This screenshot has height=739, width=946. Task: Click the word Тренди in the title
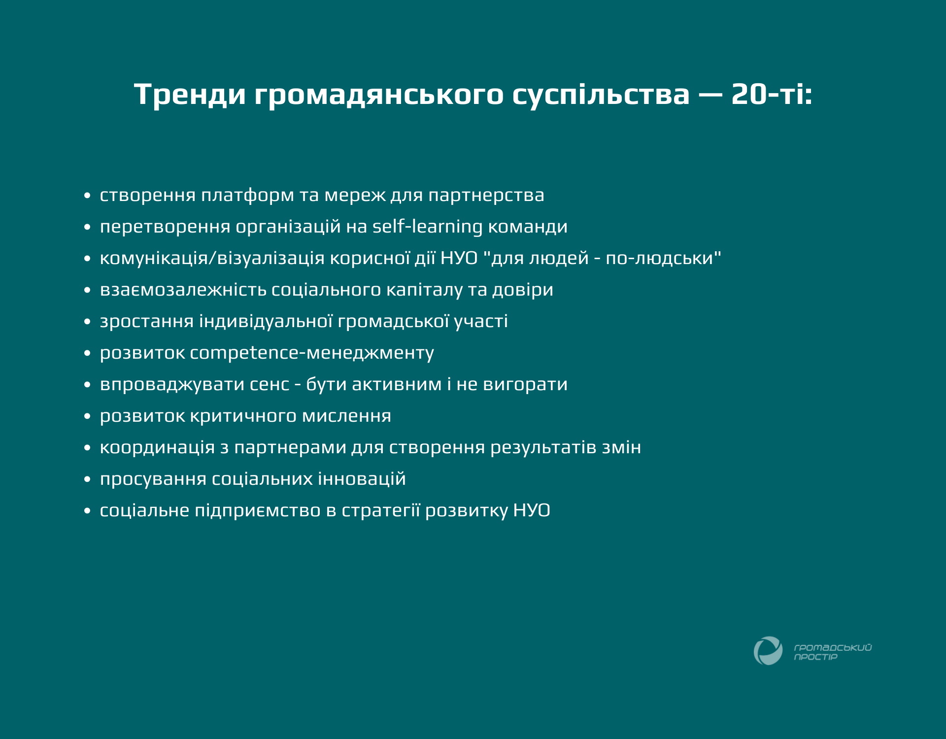pyautogui.click(x=190, y=94)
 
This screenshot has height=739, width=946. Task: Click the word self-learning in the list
pyautogui.click(x=428, y=227)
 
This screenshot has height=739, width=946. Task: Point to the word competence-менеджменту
pyautogui.click(x=312, y=353)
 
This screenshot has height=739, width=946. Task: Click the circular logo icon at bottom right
pyautogui.click(x=768, y=651)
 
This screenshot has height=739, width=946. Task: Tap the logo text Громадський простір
pyautogui.click(x=833, y=652)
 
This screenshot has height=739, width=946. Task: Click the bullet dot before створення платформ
pyautogui.click(x=87, y=196)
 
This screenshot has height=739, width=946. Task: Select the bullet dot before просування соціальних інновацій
pyautogui.click(x=87, y=479)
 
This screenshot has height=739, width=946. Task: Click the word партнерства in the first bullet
pyautogui.click(x=486, y=196)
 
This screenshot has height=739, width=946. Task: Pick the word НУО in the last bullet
pyautogui.click(x=532, y=510)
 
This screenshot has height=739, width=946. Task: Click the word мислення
pyautogui.click(x=346, y=416)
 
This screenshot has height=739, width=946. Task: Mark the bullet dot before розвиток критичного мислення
pyautogui.click(x=87, y=416)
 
